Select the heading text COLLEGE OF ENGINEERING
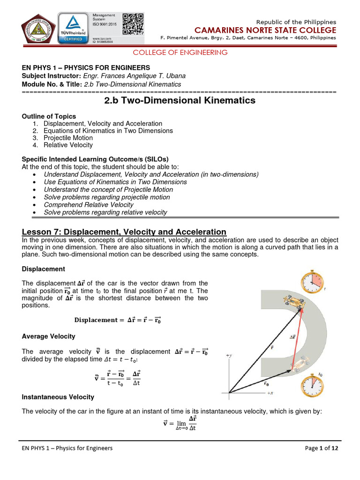pos(180,52)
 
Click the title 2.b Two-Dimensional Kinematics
pos(180,100)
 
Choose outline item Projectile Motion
pos(68,138)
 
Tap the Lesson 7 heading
pos(124,232)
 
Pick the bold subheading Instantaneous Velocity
pos(58,397)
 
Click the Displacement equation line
pos(120,320)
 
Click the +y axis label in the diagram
pos(230,356)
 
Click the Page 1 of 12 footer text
pos(321,448)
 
